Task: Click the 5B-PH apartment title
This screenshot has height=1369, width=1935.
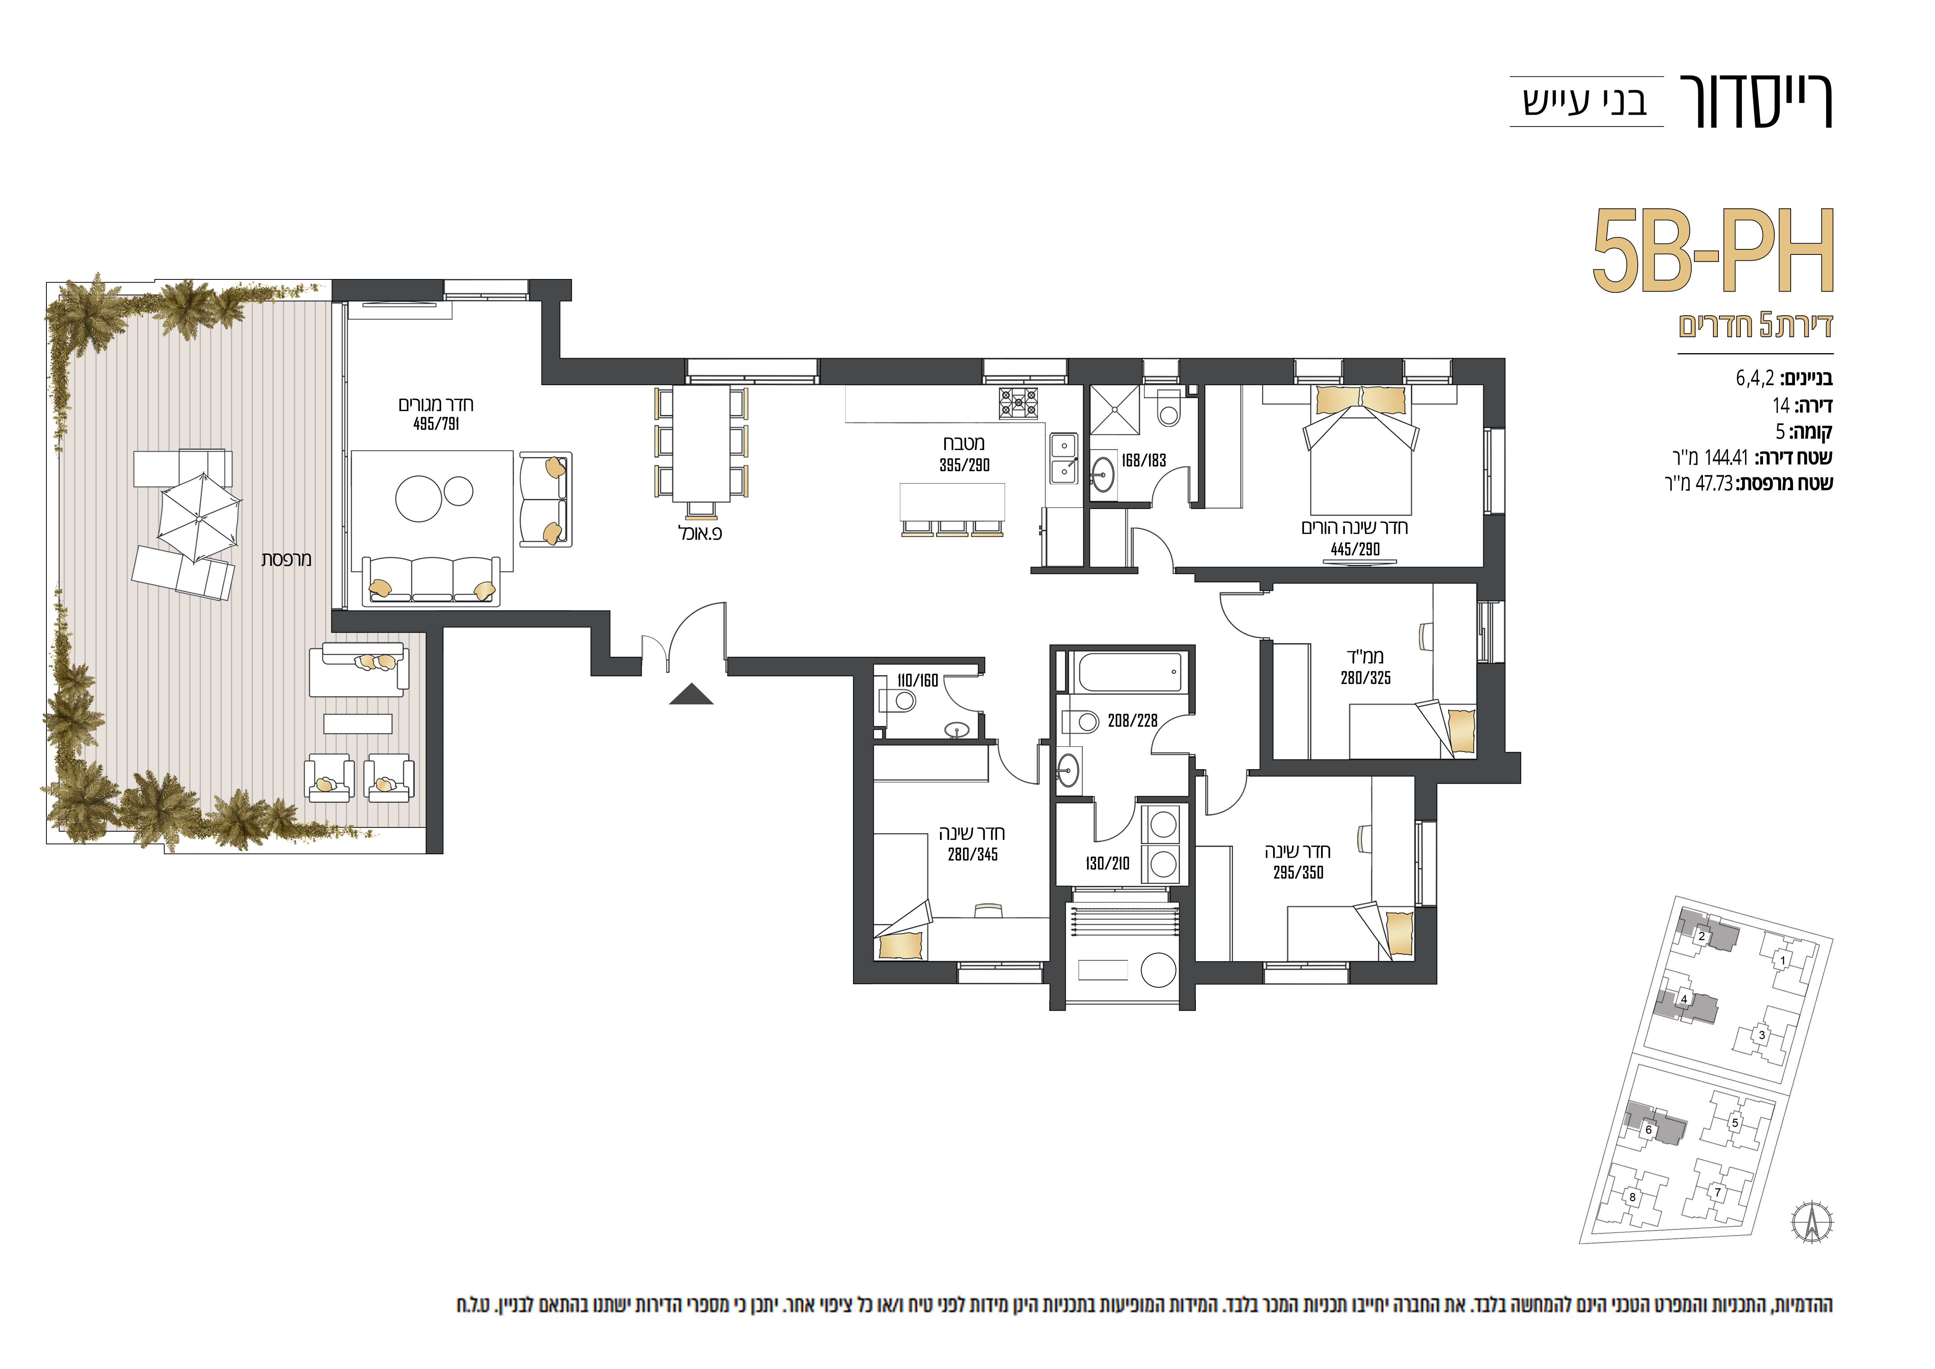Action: tap(1713, 251)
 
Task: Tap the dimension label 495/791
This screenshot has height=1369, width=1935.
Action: tap(436, 424)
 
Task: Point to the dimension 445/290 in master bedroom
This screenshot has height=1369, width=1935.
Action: tap(1355, 549)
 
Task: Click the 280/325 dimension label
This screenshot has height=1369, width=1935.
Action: tap(1365, 678)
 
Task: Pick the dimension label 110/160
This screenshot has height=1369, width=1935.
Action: tap(918, 680)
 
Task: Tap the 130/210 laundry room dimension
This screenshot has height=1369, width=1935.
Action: tap(1107, 863)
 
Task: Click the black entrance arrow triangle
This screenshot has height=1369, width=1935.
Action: tap(691, 695)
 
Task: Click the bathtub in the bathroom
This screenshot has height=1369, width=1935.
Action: tap(1129, 672)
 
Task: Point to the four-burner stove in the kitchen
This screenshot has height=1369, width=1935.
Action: tap(1018, 403)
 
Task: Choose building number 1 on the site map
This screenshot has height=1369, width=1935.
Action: tap(1782, 960)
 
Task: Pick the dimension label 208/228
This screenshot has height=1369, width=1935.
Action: tap(1133, 721)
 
